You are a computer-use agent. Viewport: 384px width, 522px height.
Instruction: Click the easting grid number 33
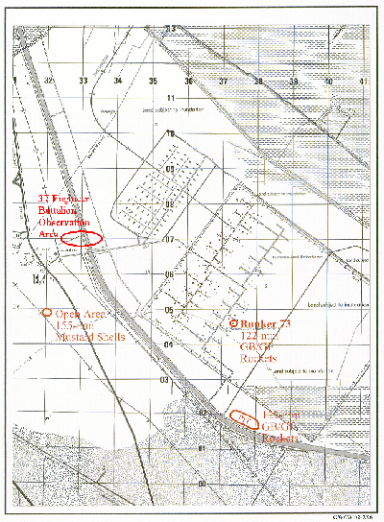(x=84, y=82)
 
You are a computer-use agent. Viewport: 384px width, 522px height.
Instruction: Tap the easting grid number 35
(x=153, y=82)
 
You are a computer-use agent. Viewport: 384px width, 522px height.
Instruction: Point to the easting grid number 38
(x=259, y=82)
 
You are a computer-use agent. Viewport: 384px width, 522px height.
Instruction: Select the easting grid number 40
(x=328, y=82)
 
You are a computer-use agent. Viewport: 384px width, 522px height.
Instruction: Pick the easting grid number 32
(x=48, y=82)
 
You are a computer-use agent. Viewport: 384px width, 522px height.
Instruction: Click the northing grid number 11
(x=172, y=99)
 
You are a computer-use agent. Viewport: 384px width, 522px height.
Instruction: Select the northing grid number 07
(x=170, y=239)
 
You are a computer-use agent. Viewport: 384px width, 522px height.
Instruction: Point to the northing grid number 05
(x=169, y=309)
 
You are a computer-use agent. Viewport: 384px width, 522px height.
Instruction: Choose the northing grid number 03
(x=164, y=380)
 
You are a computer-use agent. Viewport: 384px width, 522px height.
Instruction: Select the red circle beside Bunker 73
(x=235, y=323)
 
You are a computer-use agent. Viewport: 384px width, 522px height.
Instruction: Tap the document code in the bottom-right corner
(x=349, y=516)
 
